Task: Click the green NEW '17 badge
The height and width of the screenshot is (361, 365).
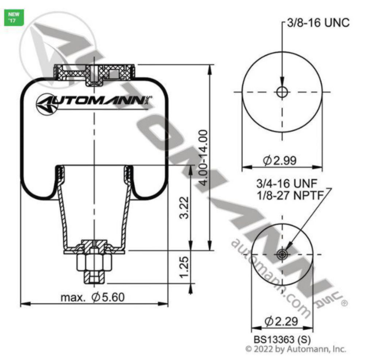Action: (14, 18)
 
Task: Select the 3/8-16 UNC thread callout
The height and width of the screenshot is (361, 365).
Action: (318, 23)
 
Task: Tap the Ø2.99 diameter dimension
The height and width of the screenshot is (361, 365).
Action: (280, 160)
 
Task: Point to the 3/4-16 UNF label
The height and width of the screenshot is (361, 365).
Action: (287, 184)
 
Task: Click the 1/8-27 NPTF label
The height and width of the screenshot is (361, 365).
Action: (290, 195)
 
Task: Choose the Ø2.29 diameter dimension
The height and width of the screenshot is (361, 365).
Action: (281, 322)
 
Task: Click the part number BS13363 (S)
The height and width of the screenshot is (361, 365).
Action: (282, 339)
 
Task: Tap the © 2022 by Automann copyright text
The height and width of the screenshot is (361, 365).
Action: (296, 349)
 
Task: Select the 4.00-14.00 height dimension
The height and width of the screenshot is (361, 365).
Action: (204, 158)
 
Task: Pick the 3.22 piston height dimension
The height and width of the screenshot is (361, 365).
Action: (184, 207)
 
